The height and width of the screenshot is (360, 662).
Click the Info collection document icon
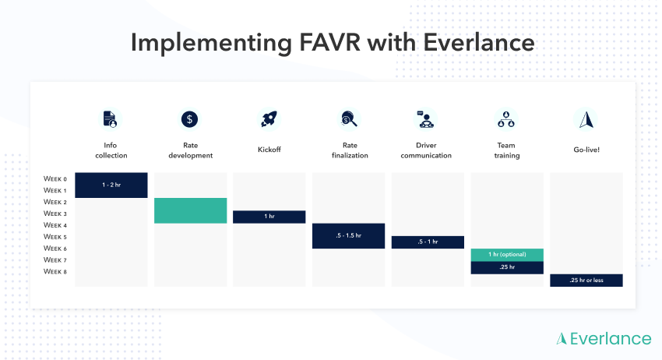point(111,119)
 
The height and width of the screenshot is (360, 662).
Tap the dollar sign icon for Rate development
point(190,119)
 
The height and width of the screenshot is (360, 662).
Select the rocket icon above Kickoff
point(269,119)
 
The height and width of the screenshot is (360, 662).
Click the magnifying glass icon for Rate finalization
point(348,119)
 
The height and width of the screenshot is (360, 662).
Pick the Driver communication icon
point(427,119)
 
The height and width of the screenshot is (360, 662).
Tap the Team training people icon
point(506,119)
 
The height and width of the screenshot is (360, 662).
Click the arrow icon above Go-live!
point(586,119)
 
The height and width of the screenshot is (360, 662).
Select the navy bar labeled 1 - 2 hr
point(111,185)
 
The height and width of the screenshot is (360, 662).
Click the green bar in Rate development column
point(190,210)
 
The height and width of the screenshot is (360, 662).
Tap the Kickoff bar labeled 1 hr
point(269,217)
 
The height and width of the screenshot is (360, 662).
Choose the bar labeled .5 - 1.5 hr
point(348,236)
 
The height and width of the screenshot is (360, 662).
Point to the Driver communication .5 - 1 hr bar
point(428,242)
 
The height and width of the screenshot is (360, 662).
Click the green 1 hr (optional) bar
point(507,255)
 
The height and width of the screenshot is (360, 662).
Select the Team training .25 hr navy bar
point(507,267)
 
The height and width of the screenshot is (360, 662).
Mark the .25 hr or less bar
point(586,281)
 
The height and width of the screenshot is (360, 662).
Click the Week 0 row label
point(55,178)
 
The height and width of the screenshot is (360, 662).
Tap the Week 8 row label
point(55,272)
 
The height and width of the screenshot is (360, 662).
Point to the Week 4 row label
point(55,225)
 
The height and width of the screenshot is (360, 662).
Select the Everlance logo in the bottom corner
point(604,338)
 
